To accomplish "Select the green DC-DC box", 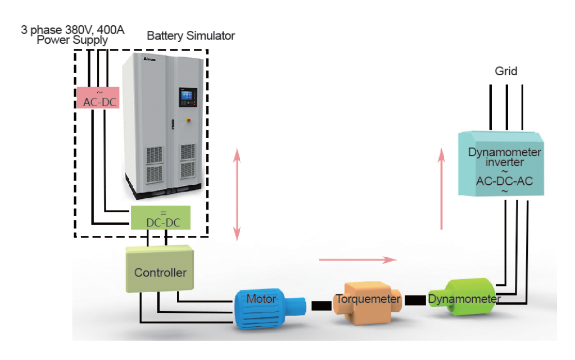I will click(x=160, y=218).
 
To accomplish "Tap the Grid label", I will click(x=506, y=71).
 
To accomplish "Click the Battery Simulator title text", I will click(x=191, y=36).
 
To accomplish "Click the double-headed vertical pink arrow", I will click(x=237, y=194).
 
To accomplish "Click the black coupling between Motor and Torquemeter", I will click(x=321, y=306).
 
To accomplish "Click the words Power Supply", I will click(x=73, y=40).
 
